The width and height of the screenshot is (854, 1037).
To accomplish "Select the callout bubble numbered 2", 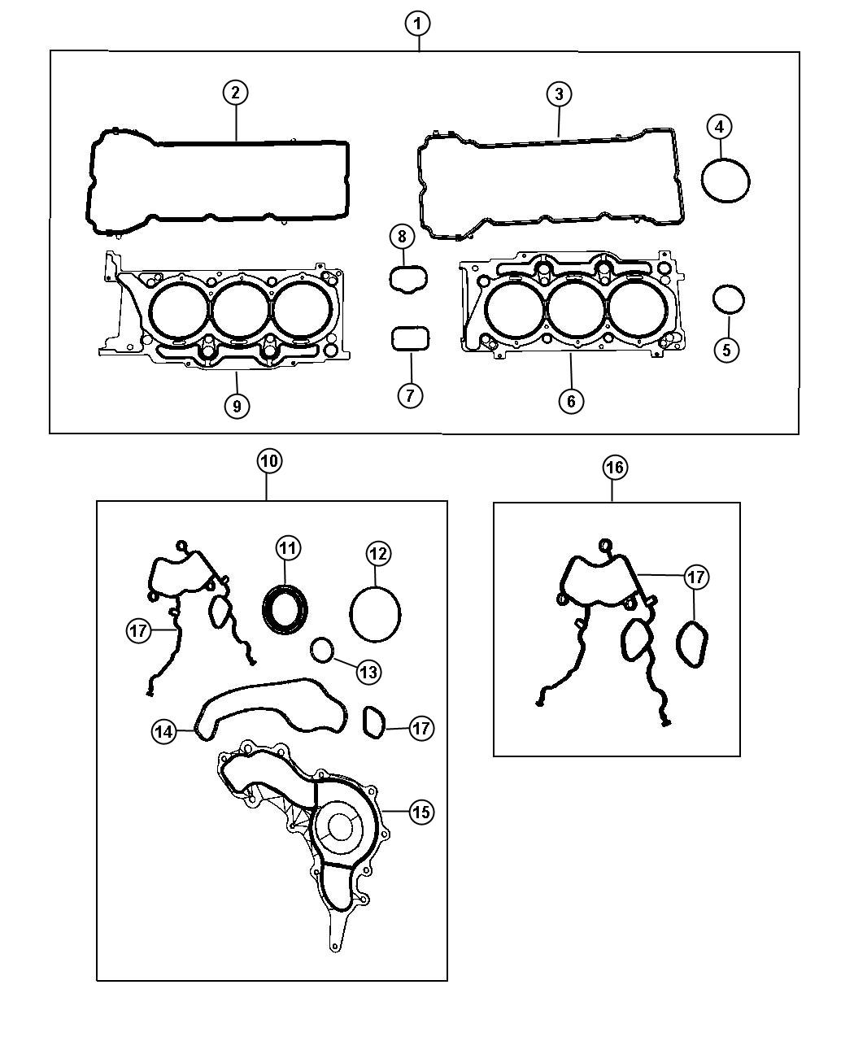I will [235, 93].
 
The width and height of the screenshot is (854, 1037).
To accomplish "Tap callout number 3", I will [558, 94].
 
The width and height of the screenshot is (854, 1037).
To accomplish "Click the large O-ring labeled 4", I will [725, 180].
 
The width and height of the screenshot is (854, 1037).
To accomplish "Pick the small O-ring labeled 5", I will [728, 299].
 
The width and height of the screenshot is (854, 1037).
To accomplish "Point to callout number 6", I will [571, 400].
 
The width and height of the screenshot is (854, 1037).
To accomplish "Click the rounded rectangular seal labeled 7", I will [410, 339].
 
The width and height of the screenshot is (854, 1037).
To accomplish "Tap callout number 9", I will [237, 405].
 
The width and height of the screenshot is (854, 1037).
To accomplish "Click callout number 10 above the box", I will [268, 461].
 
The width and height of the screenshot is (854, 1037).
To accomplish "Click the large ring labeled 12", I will [375, 614].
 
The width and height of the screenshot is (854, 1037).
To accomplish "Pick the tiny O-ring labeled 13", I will [323, 650].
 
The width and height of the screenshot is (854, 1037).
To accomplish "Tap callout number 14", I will [163, 731].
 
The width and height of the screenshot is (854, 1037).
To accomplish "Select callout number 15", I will [420, 812].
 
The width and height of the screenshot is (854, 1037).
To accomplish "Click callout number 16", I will [615, 467].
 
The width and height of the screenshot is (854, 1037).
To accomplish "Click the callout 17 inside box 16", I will [695, 577].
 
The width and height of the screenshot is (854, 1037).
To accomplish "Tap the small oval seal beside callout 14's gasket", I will [374, 724].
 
